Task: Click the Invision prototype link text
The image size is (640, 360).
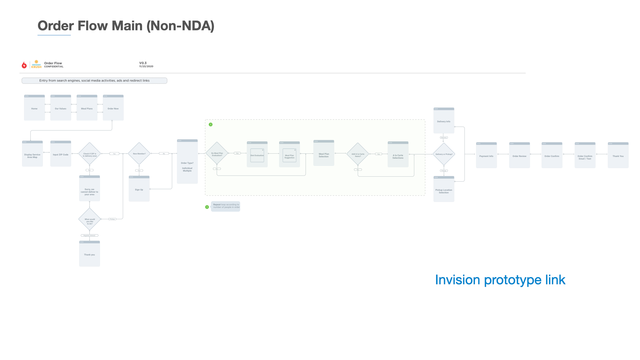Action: tap(500, 280)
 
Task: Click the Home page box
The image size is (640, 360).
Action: tap(34, 108)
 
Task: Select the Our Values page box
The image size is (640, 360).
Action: tap(61, 108)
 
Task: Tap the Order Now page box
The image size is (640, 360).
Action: tap(113, 108)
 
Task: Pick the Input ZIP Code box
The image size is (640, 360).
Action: tap(61, 154)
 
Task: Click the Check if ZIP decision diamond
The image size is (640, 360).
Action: tap(90, 154)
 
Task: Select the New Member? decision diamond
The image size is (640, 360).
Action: tap(139, 154)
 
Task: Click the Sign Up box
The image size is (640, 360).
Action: tap(139, 189)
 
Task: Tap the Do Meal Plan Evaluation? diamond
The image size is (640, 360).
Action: tap(217, 154)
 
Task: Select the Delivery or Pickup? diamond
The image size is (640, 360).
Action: tap(444, 154)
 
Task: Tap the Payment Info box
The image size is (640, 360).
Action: tap(486, 156)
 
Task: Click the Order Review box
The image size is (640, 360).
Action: tap(519, 156)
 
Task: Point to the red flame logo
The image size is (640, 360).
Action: tap(24, 65)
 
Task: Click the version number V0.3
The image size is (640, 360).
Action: tap(143, 63)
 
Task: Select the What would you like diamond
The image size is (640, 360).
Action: tap(90, 220)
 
